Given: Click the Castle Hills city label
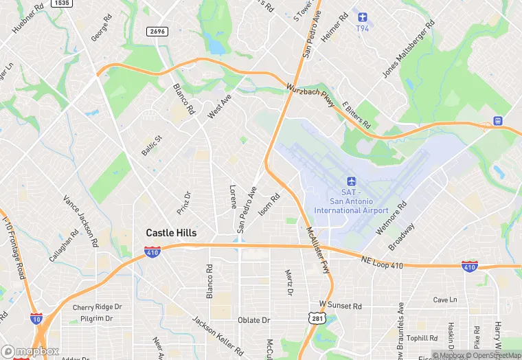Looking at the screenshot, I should click(171, 233).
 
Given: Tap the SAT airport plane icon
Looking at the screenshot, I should click(351, 181).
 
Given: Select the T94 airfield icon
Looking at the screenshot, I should click(363, 16).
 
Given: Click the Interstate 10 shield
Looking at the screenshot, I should click(36, 319).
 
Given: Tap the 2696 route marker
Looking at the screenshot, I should click(158, 32).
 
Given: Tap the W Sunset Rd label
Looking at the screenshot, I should click(340, 305).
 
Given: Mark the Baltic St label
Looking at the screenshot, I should click(151, 146).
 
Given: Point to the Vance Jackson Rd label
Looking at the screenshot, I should click(80, 216).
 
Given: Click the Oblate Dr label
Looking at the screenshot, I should click(254, 320).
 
